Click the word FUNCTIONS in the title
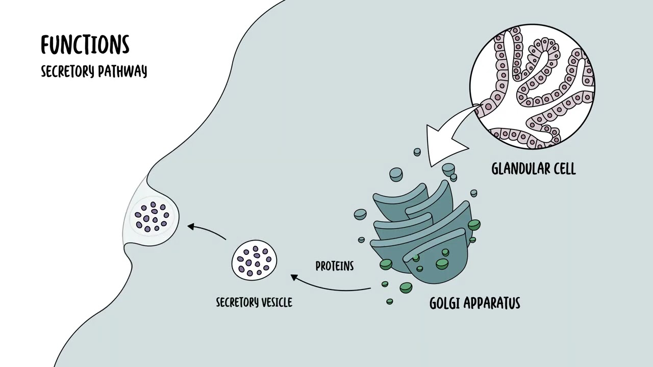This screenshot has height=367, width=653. (85, 45)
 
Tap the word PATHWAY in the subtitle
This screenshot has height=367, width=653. (122, 71)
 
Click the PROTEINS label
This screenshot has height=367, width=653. (335, 266)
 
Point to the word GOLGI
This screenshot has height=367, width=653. (445, 303)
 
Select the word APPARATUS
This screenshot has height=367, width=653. (492, 303)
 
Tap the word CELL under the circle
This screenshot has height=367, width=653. (565, 169)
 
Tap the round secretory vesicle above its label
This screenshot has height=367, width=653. (255, 260)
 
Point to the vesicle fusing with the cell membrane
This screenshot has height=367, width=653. (152, 216)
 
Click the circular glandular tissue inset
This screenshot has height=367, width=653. (532, 87)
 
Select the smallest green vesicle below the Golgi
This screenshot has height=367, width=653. (389, 301)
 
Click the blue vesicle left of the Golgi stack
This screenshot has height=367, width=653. (360, 215)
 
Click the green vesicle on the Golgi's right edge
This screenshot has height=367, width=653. (474, 225)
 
